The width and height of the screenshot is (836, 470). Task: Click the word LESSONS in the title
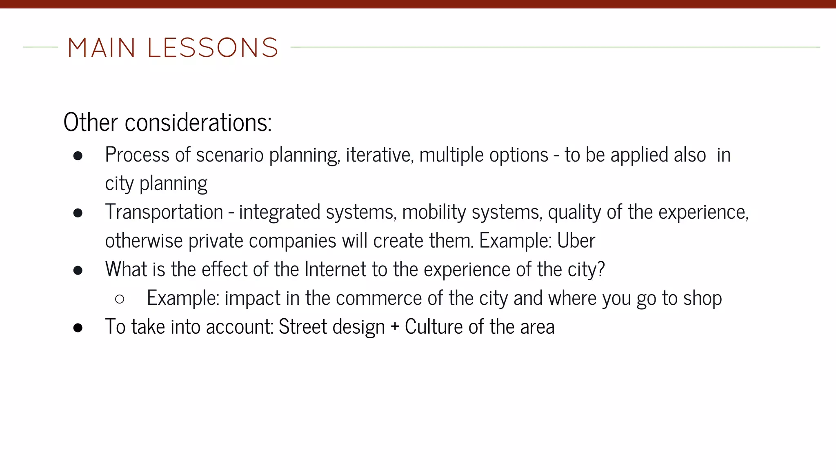(x=212, y=48)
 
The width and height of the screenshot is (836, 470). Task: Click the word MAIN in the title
(x=101, y=48)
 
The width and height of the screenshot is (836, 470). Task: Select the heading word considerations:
(x=198, y=122)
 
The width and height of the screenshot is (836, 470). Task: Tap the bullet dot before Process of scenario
(x=78, y=156)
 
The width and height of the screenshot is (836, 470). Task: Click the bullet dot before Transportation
(x=78, y=213)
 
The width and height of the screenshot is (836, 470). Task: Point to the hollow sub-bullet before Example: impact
(x=120, y=299)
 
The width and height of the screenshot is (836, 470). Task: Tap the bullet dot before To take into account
(x=78, y=328)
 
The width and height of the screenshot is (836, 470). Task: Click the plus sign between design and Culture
(x=394, y=327)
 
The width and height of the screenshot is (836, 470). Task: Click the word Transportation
(x=164, y=212)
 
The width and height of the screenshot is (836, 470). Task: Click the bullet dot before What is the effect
(x=78, y=270)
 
